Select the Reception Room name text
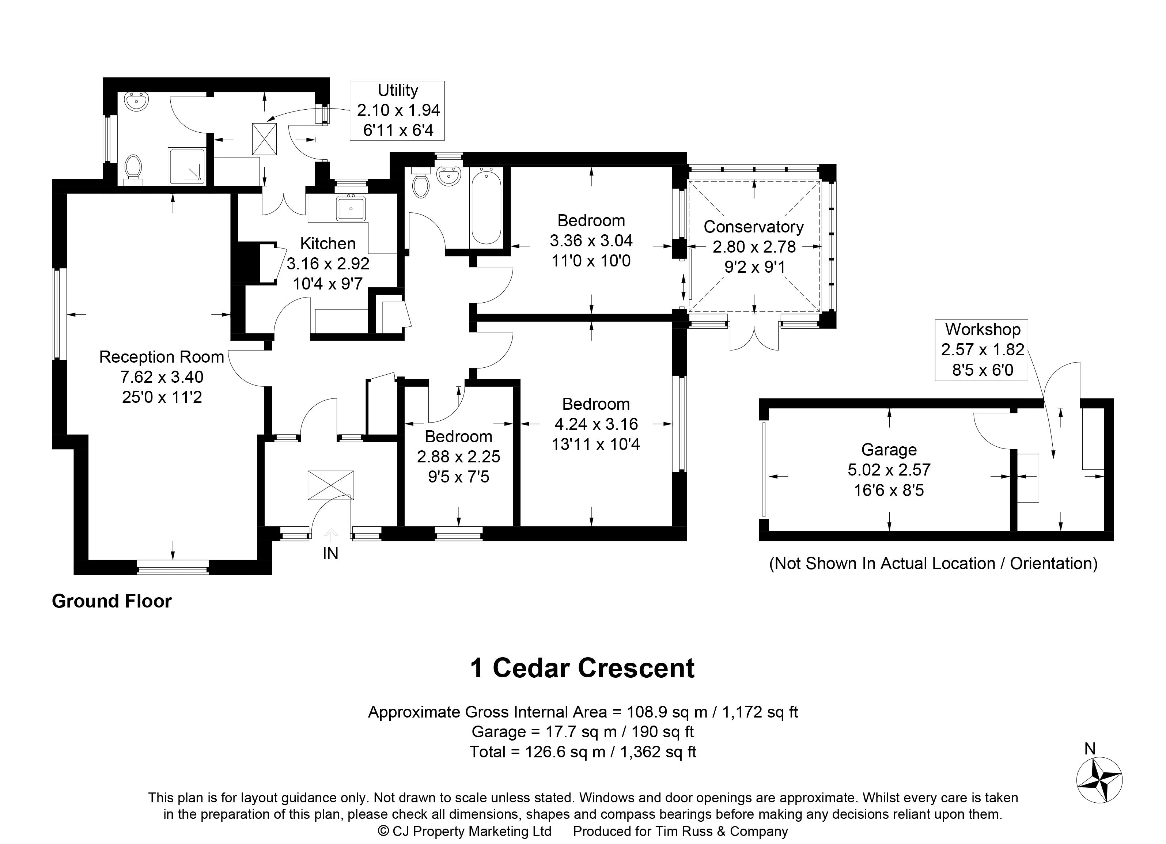pos(162,357)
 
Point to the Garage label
pos(889,450)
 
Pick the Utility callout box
pos(397,110)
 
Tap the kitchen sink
pos(351,209)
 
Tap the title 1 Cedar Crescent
pos(583,668)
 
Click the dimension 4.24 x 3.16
pos(596,424)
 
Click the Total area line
pos(583,752)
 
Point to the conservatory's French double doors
pos(754,339)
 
